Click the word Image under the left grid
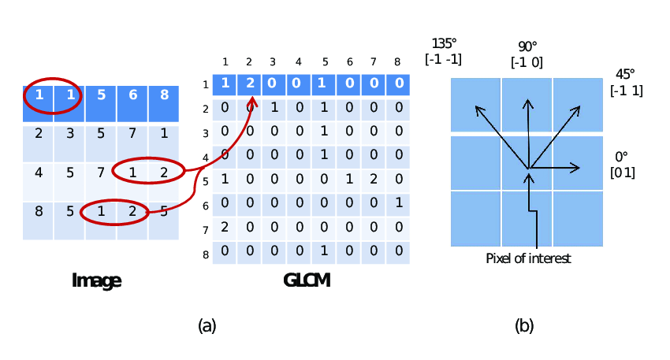(96, 280)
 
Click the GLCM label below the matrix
(307, 280)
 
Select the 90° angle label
(527, 46)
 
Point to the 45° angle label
(625, 74)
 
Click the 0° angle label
(622, 157)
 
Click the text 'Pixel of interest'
(528, 258)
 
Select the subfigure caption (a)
(207, 325)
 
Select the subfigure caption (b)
(524, 325)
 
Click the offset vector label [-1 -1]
(443, 59)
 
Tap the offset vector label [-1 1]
(626, 90)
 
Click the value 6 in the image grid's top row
(132, 95)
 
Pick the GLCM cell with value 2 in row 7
(225, 228)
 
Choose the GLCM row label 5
(205, 182)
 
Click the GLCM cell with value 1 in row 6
(400, 203)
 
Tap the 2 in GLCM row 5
(374, 179)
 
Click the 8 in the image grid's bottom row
(39, 210)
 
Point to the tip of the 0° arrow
(579, 167)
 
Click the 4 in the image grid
(39, 171)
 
